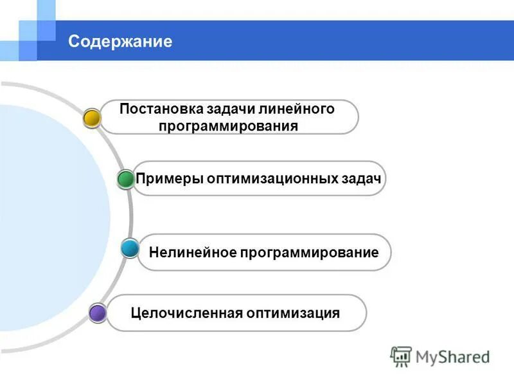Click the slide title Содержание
pos(120,42)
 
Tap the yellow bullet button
pos(93,117)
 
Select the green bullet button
pos(126,178)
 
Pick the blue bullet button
pos(130,248)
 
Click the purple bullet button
pos(98,313)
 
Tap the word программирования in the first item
pos(229,125)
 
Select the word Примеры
pos(169,178)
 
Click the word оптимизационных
pos(270,178)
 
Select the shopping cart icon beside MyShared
pos(401,356)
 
